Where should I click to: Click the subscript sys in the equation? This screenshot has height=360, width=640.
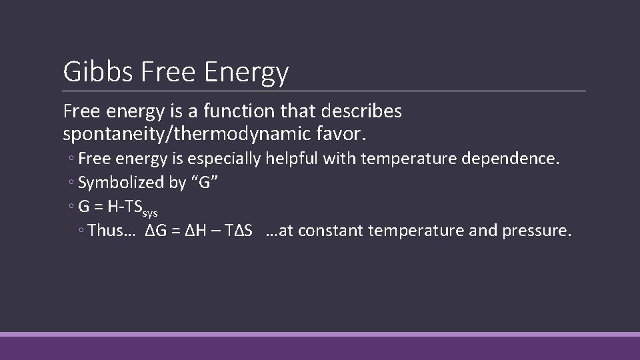click(151, 214)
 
